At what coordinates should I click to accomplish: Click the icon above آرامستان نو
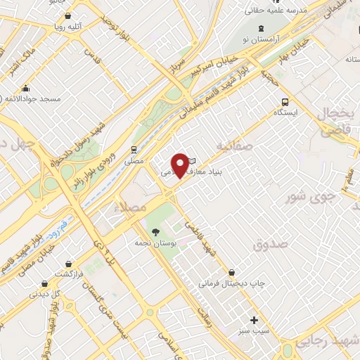click(262, 28)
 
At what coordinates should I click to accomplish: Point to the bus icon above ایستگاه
click(285, 101)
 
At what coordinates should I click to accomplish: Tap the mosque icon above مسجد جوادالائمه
click(26, 88)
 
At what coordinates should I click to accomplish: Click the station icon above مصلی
click(133, 149)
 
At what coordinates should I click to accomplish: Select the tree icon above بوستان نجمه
click(155, 232)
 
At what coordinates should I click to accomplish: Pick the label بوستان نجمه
click(155, 243)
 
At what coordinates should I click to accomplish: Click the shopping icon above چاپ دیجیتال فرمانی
click(231, 272)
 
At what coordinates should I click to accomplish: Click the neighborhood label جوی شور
click(307, 197)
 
